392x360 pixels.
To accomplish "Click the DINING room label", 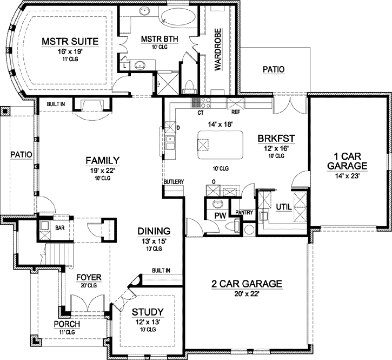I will coord(155,230).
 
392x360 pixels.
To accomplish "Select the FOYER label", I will coord(88,277).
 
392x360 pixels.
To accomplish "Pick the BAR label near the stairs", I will coord(60,228).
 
